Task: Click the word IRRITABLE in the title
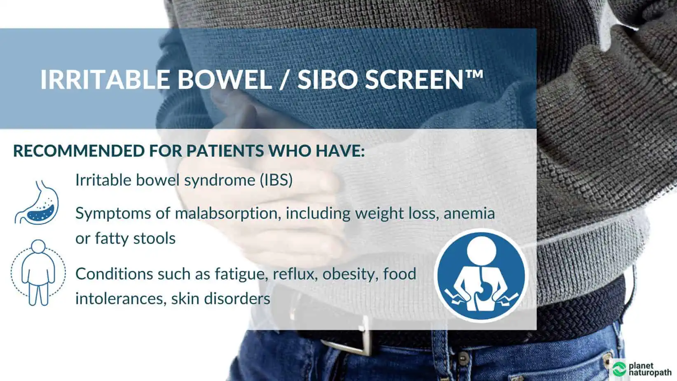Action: (105, 80)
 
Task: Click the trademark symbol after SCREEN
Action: (474, 75)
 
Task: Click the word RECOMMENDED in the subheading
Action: (79, 151)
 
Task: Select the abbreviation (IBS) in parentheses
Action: (276, 180)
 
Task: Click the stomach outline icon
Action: (37, 202)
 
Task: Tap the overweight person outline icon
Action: (38, 273)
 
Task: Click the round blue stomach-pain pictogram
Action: (481, 275)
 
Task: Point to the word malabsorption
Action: (226, 214)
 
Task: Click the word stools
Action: (155, 238)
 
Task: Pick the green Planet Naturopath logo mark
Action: (619, 369)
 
